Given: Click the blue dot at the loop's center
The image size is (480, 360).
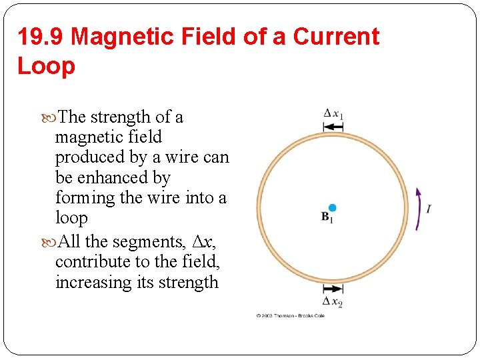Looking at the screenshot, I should tap(333, 208).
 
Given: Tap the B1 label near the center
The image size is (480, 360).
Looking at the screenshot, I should tap(327, 217).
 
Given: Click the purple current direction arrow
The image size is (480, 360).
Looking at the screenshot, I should tap(418, 208).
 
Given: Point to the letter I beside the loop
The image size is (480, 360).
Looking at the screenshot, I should tap(428, 209).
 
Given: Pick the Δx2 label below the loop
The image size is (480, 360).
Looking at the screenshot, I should tap(333, 301).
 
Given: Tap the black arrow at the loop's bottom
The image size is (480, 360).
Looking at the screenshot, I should tap(333, 289).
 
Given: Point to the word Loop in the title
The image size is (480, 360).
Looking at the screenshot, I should tap(46, 65).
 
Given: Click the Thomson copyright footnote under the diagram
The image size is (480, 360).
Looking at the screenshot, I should tap(290, 315).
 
